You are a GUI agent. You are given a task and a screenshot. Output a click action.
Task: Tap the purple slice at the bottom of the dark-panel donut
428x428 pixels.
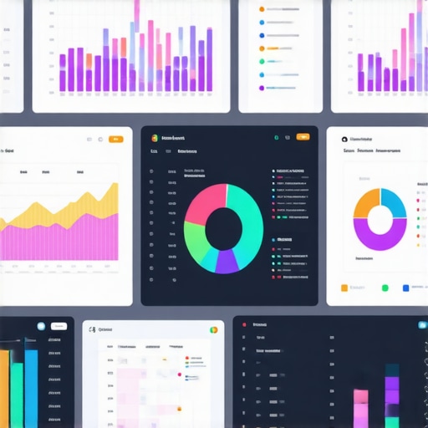(x=227, y=262)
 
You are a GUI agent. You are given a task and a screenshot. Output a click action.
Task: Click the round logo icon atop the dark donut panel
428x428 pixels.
(x=155, y=137)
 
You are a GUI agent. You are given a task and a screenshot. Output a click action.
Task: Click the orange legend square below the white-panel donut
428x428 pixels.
(x=344, y=288)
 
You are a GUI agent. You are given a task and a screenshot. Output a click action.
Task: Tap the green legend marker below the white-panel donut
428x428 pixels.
(x=385, y=288)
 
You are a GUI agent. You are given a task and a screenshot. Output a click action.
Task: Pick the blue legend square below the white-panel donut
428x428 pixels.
(x=406, y=288)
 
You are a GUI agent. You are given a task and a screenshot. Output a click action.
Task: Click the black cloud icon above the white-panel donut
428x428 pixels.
(x=344, y=140)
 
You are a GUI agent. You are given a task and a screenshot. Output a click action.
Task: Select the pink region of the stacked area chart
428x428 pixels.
(x=59, y=242)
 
